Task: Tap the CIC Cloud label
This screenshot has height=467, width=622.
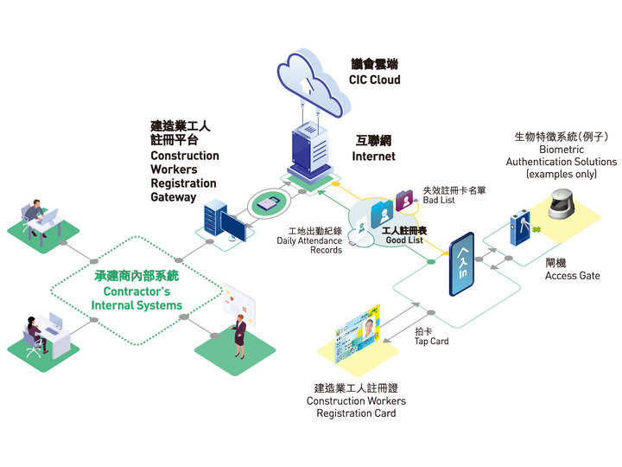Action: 374,80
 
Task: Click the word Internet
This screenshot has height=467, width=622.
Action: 373,157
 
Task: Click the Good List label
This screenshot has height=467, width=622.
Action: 403,241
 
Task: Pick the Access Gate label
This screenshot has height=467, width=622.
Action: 572,276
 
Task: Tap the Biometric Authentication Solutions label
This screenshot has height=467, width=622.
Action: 561,162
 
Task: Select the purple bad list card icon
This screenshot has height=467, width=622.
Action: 403,202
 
